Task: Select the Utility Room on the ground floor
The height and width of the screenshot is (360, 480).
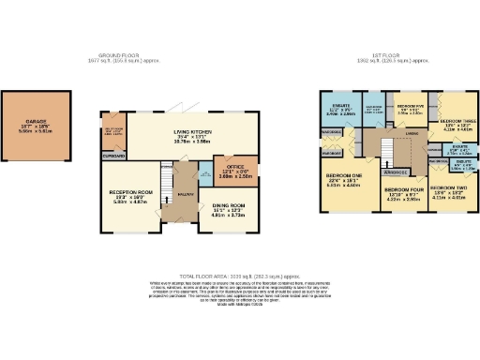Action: coord(112,132)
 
